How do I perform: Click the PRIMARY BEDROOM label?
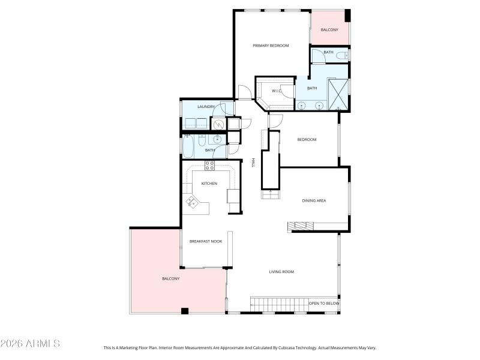pyautogui.click(x=271, y=46)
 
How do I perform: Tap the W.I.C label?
pyautogui.click(x=277, y=91)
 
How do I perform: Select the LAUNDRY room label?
pyautogui.click(x=197, y=107)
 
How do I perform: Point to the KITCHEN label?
pyautogui.click(x=209, y=184)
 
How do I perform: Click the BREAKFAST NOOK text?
pyautogui.click(x=206, y=241)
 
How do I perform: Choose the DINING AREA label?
pyautogui.click(x=314, y=200)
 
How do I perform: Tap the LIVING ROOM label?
pyautogui.click(x=281, y=272)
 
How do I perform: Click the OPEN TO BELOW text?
pyautogui.click(x=324, y=304)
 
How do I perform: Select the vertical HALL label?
pyautogui.click(x=254, y=163)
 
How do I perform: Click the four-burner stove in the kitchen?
pyautogui.click(x=210, y=166)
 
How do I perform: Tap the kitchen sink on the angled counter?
pyautogui.click(x=193, y=202)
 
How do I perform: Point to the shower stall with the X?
pyautogui.click(x=338, y=94)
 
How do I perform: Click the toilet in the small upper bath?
pyautogui.click(x=341, y=56)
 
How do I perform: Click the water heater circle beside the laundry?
pyautogui.click(x=218, y=124)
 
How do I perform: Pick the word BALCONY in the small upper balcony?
pyautogui.click(x=329, y=30)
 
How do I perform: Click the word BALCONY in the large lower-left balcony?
pyautogui.click(x=170, y=278)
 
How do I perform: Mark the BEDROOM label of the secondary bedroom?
pyautogui.click(x=307, y=140)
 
